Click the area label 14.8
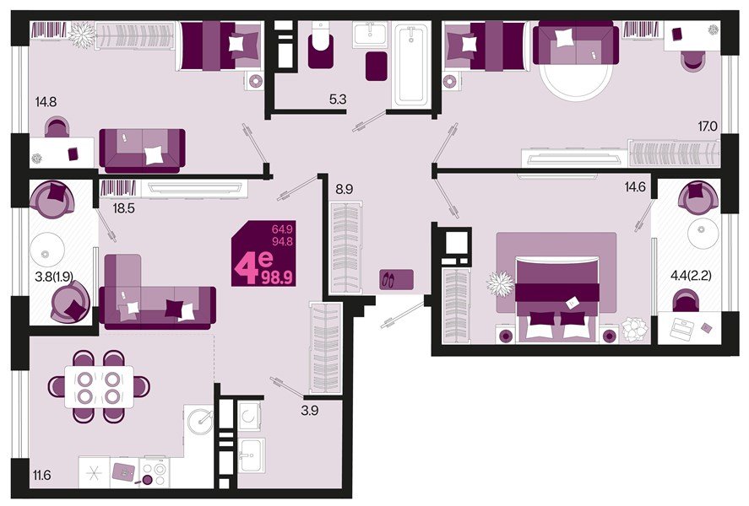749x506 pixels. (x=46, y=101)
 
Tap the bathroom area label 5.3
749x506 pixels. (x=338, y=100)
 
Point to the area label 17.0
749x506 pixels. (x=708, y=126)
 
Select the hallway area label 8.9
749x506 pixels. (x=344, y=190)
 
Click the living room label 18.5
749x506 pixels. (x=123, y=208)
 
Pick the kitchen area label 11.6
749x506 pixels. (x=42, y=475)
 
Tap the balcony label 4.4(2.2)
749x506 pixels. (x=692, y=275)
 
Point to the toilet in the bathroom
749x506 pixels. (x=321, y=46)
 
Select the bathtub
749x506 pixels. (x=410, y=64)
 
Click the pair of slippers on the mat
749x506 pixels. (x=388, y=280)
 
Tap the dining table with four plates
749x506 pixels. (x=99, y=387)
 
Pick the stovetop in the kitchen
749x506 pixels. (x=155, y=473)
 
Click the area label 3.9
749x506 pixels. (x=310, y=411)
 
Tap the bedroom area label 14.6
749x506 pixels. (x=635, y=187)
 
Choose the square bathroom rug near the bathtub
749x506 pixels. (x=377, y=66)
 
